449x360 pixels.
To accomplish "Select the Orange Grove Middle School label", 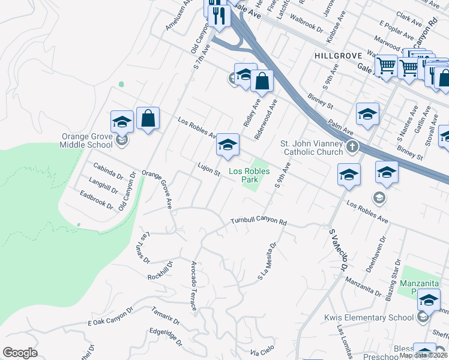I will click(87, 140).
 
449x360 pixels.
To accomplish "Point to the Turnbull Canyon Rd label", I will click(259, 221).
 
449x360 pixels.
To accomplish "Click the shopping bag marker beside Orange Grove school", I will click(148, 118).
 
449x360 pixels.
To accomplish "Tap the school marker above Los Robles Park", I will click(228, 145).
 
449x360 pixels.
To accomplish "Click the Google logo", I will click(20, 353).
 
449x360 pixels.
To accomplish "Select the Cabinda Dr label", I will click(107, 171).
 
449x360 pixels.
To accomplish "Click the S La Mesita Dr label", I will click(268, 261).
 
